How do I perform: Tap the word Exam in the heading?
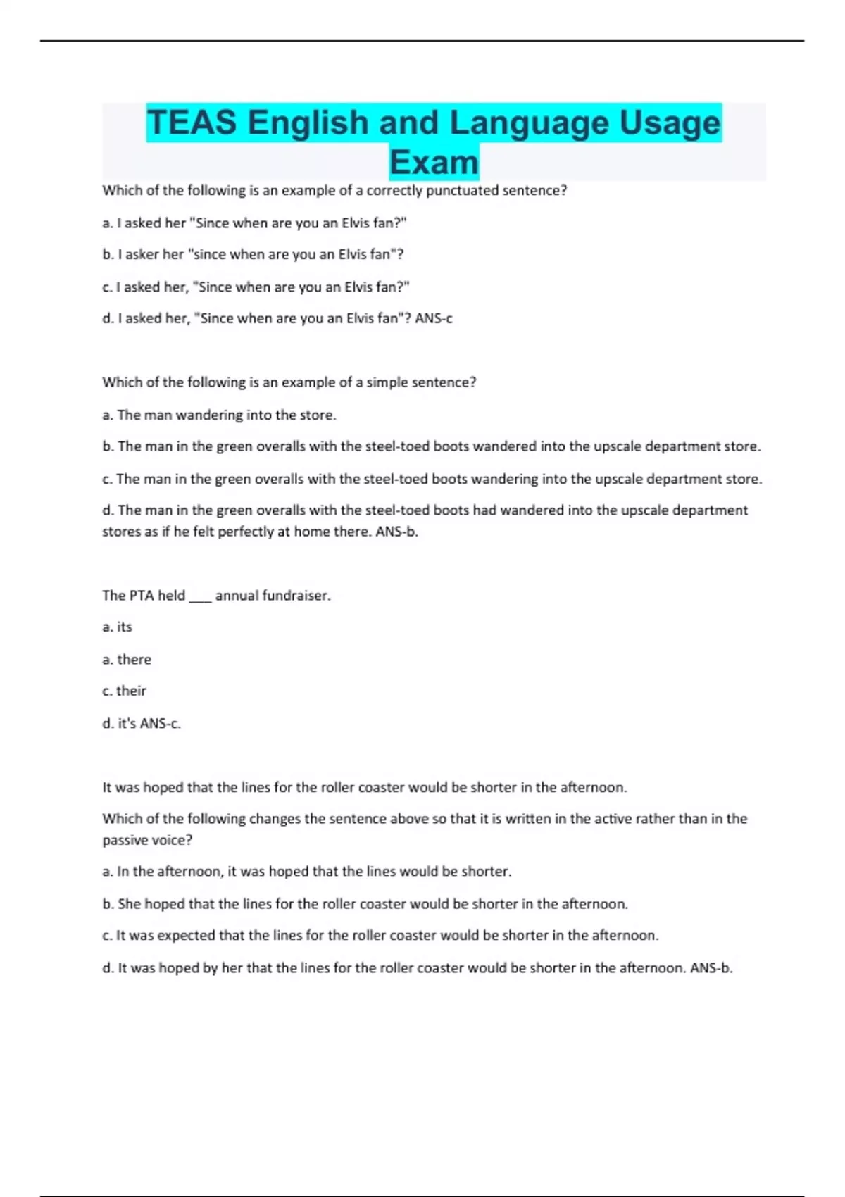[x=434, y=163]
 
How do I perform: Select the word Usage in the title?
[x=670, y=123]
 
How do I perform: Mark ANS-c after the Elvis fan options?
[x=434, y=319]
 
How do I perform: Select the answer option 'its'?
[x=125, y=627]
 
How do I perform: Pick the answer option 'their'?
[x=132, y=691]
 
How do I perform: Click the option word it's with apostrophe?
[x=127, y=724]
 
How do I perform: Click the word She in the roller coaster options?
[x=130, y=904]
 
